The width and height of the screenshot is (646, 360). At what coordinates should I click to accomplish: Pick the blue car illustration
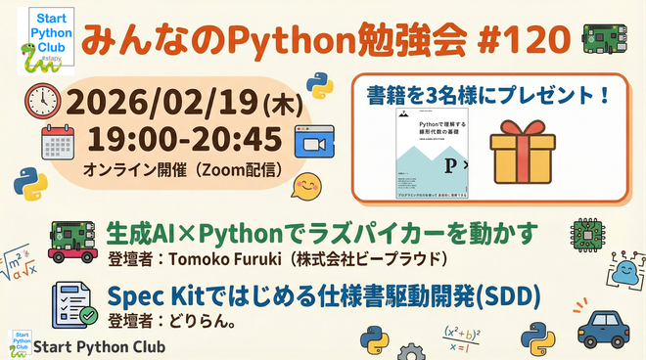coord(601,332)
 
